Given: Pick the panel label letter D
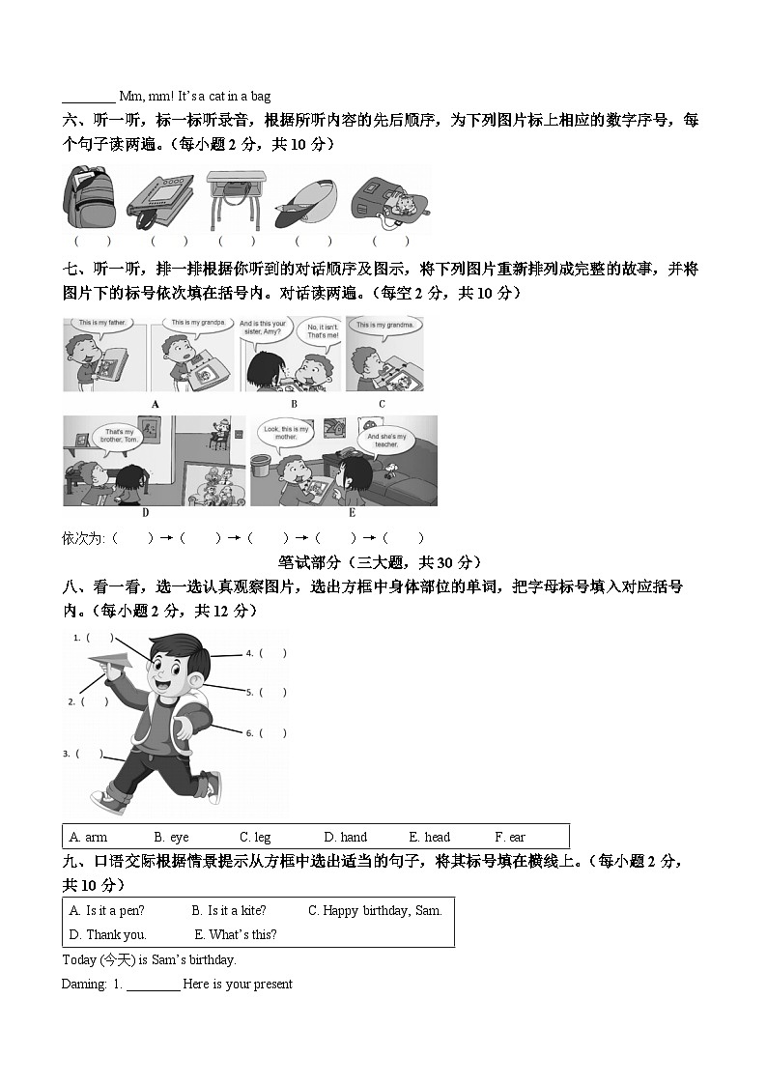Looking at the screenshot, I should click(x=146, y=513).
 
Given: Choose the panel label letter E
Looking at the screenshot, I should click(x=352, y=513).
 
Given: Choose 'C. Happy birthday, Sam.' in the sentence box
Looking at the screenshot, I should click(x=375, y=910).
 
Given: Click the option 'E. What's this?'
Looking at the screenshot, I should click(x=236, y=934).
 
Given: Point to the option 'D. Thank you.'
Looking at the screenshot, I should click(x=107, y=934).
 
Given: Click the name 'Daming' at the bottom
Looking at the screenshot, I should click(x=83, y=984).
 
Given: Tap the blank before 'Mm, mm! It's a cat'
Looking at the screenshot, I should click(x=88, y=97).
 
